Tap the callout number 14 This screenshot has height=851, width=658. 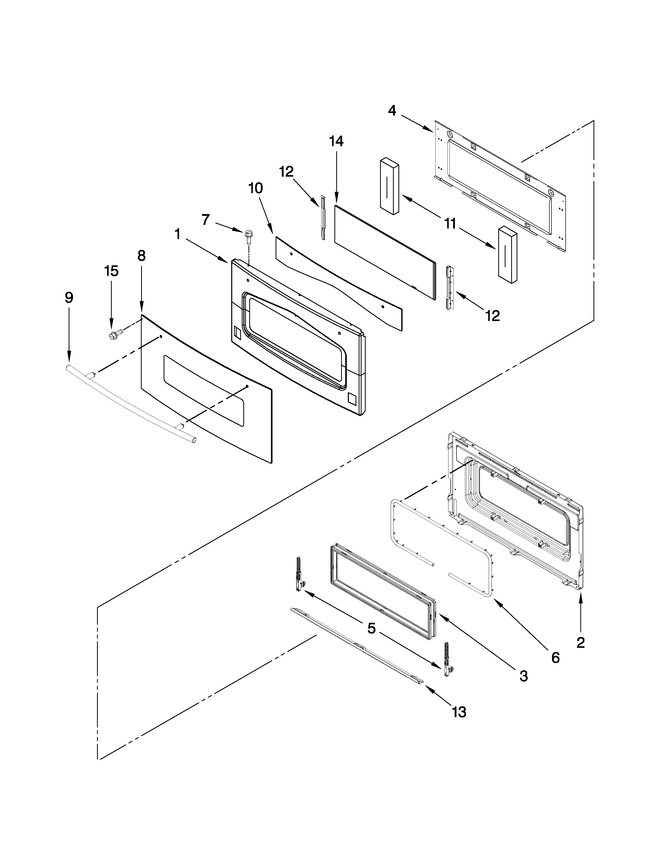coord(336,141)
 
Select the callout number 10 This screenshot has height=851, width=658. coord(256,188)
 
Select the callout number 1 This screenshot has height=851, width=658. coord(178,234)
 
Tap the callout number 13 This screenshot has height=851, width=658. coord(459,712)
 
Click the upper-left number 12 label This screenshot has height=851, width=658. coord(286,171)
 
